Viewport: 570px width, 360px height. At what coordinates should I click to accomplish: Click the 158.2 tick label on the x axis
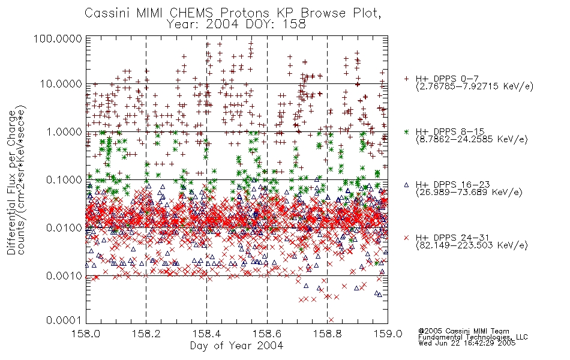click(146, 334)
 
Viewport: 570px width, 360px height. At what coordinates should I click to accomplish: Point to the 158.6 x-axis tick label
click(267, 334)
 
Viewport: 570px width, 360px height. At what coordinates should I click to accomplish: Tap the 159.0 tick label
click(387, 334)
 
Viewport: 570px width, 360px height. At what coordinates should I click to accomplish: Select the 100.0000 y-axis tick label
click(58, 38)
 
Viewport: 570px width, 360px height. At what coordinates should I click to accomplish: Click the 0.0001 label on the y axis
click(64, 320)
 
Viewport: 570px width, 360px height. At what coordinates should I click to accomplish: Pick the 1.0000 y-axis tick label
click(64, 131)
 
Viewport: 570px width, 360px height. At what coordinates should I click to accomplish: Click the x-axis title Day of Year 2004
click(236, 346)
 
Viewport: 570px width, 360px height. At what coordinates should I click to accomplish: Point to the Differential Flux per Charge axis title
click(11, 182)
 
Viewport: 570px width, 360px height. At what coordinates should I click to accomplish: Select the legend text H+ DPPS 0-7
click(447, 79)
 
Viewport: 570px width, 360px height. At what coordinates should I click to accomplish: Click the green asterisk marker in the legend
click(406, 131)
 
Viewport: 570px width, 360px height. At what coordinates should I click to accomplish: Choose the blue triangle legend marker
click(406, 185)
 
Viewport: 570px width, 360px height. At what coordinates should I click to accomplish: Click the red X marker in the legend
click(406, 238)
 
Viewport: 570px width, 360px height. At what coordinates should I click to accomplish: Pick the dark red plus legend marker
click(406, 79)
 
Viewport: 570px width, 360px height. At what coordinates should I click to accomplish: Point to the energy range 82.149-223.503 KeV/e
click(472, 245)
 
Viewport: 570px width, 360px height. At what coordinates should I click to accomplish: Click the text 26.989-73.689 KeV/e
click(469, 193)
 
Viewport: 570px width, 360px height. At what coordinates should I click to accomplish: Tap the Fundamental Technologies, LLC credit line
click(473, 337)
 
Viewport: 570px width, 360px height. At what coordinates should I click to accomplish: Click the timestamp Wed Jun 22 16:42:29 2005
click(467, 343)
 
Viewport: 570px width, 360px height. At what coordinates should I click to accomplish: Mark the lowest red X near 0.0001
click(331, 320)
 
